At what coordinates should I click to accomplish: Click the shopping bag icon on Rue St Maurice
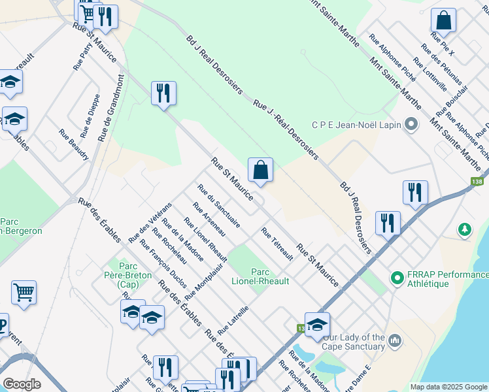point(260,171)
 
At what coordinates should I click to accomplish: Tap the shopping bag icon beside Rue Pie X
point(443,22)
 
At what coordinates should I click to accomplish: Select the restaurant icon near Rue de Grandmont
point(163,93)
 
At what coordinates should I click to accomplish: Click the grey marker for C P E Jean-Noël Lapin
point(411,124)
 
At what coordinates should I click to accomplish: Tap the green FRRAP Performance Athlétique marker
point(396,278)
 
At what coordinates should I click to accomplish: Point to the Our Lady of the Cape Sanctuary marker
point(394,341)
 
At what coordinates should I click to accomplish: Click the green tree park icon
point(464,229)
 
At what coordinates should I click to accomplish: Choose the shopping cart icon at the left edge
point(24,293)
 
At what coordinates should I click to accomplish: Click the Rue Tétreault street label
point(277,244)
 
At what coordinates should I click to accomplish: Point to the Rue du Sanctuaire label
point(218,204)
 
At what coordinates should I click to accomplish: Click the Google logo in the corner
point(22,384)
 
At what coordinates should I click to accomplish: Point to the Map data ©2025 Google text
point(448,387)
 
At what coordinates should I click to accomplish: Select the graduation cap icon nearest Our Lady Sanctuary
point(317,323)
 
